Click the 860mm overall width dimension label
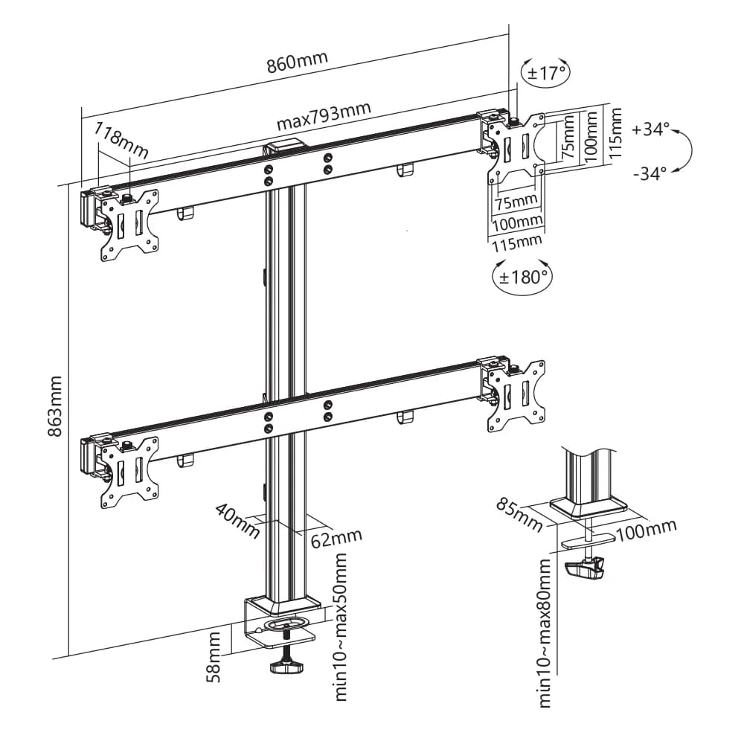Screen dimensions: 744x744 click(297, 60)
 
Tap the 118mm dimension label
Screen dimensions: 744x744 click(121, 143)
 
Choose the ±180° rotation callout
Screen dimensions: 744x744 click(522, 278)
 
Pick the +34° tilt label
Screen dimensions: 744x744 click(650, 129)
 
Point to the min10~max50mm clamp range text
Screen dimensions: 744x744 click(341, 626)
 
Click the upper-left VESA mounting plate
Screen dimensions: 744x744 click(129, 225)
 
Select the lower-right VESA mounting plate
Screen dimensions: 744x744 click(515, 394)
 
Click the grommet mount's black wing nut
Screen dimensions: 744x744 click(585, 570)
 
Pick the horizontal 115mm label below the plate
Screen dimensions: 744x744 click(516, 242)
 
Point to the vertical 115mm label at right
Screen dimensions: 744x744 click(615, 133)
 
